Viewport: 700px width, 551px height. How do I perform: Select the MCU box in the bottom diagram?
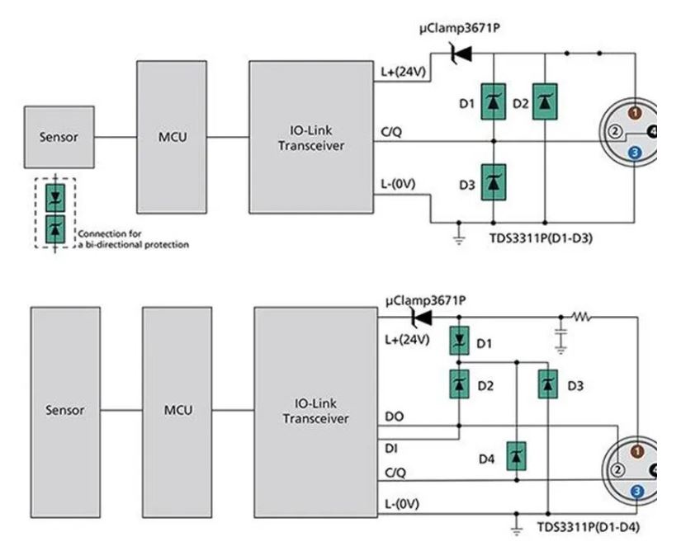(x=177, y=410)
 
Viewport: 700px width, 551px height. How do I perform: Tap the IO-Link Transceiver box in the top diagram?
(x=310, y=137)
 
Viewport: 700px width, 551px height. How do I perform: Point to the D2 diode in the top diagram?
(x=543, y=102)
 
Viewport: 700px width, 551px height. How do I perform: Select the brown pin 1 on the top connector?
(x=635, y=111)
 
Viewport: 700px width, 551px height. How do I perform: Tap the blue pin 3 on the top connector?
(x=634, y=153)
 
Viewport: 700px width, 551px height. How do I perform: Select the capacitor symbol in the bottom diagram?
(x=561, y=337)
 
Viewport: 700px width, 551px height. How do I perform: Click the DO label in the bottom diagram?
(x=396, y=418)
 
